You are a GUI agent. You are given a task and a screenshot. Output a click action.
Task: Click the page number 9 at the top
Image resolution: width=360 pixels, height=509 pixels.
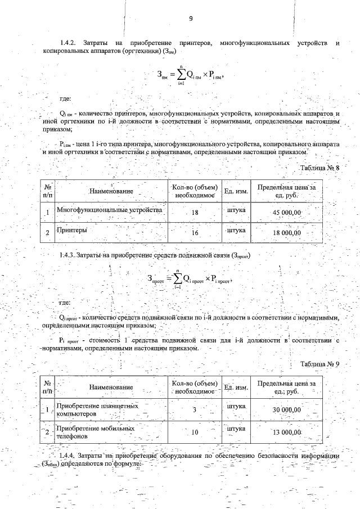coord(191,19)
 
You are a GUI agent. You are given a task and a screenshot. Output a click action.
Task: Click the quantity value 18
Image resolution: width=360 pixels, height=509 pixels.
coord(195,213)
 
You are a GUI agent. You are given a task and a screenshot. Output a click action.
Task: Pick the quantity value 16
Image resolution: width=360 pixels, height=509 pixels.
coord(195,233)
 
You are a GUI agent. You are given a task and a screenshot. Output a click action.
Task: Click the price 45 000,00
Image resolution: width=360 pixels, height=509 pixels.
coord(287,212)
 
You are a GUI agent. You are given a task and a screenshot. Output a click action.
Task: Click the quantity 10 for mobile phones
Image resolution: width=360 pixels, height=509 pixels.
coord(195,432)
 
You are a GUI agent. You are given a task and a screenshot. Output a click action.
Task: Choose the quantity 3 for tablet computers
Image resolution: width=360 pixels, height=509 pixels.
coord(194,410)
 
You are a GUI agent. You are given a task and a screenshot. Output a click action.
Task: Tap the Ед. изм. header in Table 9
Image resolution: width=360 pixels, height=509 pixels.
coord(236,388)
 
